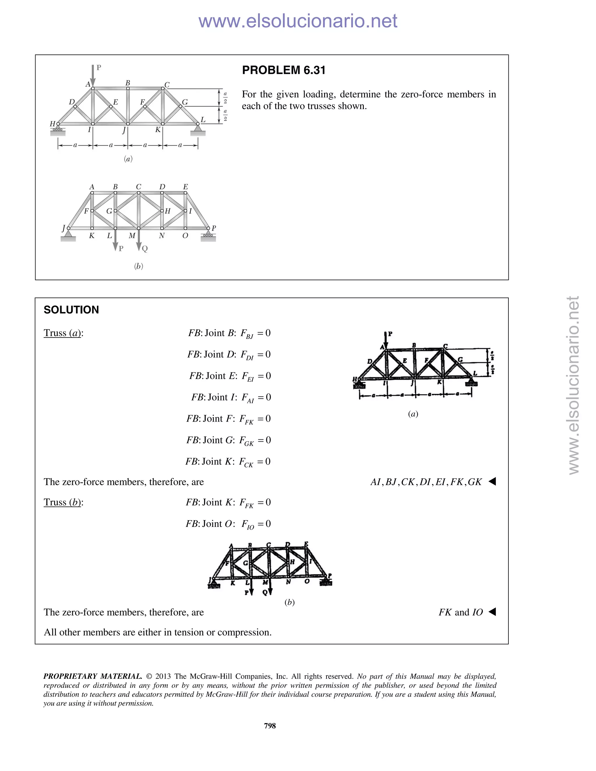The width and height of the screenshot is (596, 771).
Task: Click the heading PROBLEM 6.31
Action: point(283,70)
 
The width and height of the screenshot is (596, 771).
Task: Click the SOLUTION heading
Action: point(71,310)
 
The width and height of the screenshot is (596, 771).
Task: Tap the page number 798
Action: point(270,725)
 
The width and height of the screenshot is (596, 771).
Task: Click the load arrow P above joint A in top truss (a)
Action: point(93,75)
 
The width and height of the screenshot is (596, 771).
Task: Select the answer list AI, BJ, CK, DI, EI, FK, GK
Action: point(426,482)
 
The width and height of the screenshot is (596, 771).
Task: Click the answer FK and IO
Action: point(460,612)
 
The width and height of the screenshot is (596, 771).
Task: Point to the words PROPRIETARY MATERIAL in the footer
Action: point(93,676)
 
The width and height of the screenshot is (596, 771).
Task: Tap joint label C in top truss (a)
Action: point(167,85)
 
